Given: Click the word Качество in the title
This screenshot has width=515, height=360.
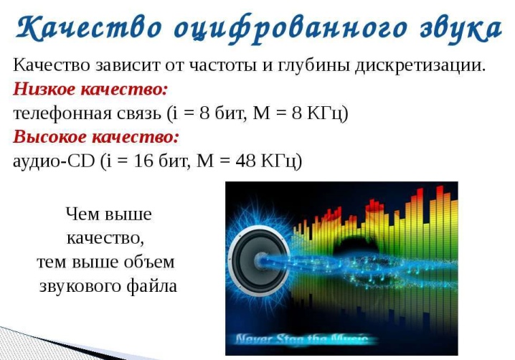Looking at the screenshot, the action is coord(89,28).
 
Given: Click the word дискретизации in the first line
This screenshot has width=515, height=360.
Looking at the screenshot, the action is coord(420,66).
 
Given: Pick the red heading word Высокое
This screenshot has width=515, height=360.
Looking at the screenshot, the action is coord(49,137).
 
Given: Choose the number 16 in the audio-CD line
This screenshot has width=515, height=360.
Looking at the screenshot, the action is coord(143,161).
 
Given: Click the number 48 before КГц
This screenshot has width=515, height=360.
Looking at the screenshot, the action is coord(245,161).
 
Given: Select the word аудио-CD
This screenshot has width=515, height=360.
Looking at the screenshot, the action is coord(54,161).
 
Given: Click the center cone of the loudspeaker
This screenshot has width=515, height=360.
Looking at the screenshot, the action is coord(261,260).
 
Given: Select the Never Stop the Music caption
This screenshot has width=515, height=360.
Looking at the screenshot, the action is coord(301,339).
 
